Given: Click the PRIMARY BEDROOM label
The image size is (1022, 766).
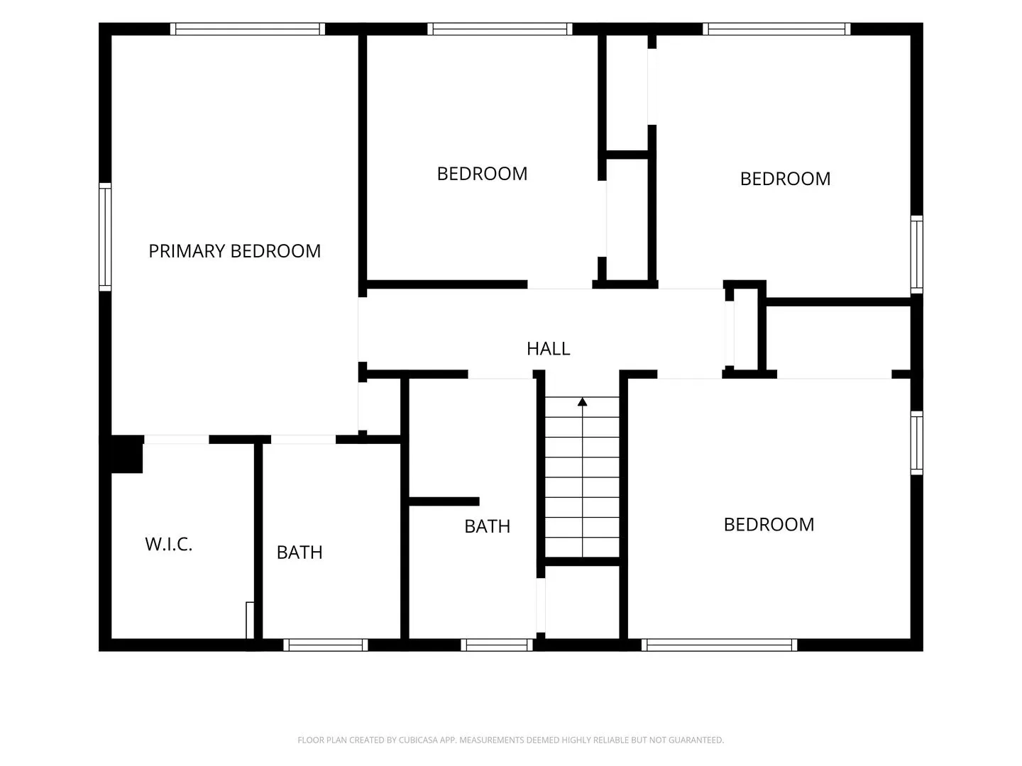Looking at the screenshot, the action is [x=235, y=251].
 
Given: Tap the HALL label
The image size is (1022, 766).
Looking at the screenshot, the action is [x=548, y=349].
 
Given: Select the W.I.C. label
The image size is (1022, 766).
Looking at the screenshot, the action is [x=168, y=544].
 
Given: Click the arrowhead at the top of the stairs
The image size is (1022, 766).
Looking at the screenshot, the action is [x=582, y=402].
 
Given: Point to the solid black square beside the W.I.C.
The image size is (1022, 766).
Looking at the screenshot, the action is [x=126, y=455].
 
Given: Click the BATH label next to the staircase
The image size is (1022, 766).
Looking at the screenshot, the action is [x=488, y=526].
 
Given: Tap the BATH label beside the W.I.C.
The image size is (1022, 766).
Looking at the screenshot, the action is [x=300, y=553].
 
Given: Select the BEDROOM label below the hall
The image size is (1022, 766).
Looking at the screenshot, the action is [x=769, y=525].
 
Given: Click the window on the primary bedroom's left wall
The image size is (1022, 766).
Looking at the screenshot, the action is [x=105, y=237].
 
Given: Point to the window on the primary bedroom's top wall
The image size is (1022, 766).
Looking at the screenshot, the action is [x=247, y=29].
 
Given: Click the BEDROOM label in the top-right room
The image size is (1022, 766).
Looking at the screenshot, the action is [x=785, y=179].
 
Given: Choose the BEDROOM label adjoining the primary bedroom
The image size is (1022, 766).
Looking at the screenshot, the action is [x=482, y=174].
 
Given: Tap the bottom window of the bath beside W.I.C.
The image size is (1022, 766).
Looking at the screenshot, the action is [x=326, y=645].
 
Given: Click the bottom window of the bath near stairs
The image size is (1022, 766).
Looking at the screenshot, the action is [x=496, y=645].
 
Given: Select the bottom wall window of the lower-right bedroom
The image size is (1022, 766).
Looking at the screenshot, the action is [x=719, y=645].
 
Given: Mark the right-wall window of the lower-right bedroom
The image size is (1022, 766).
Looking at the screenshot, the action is [x=916, y=443].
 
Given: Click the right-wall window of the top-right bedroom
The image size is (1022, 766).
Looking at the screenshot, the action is [x=916, y=255].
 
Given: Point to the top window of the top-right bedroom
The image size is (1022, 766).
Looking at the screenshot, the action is [x=776, y=29].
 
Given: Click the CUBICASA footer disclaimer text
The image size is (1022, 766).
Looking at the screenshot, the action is [x=511, y=740].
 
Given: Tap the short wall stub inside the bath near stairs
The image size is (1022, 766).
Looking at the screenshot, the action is [x=444, y=501].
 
